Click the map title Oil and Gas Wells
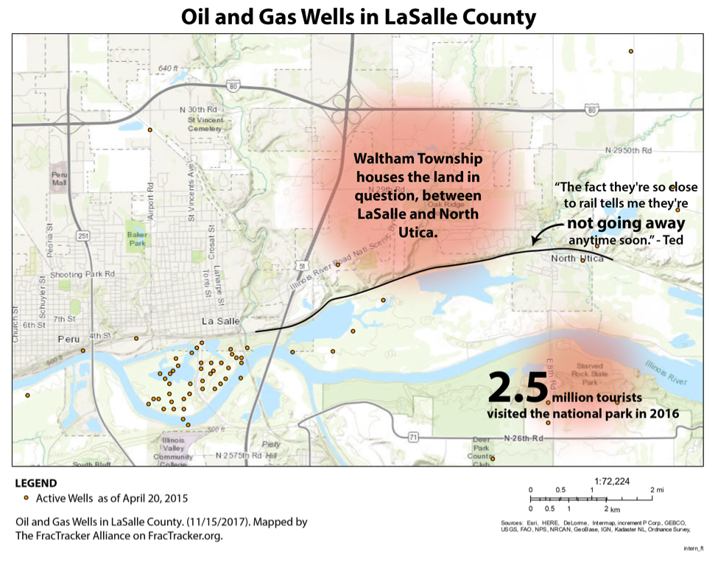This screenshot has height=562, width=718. click(359, 16)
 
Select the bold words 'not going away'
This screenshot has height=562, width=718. click(625, 224)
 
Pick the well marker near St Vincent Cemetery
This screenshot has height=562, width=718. click(149, 130)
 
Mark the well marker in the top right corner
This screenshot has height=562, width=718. click(631, 51)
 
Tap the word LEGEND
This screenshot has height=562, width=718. click(36, 484)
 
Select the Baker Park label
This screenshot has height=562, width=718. click(136, 239)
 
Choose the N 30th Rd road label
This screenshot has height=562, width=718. click(198, 109)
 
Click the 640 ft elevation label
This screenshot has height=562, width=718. click(169, 69)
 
